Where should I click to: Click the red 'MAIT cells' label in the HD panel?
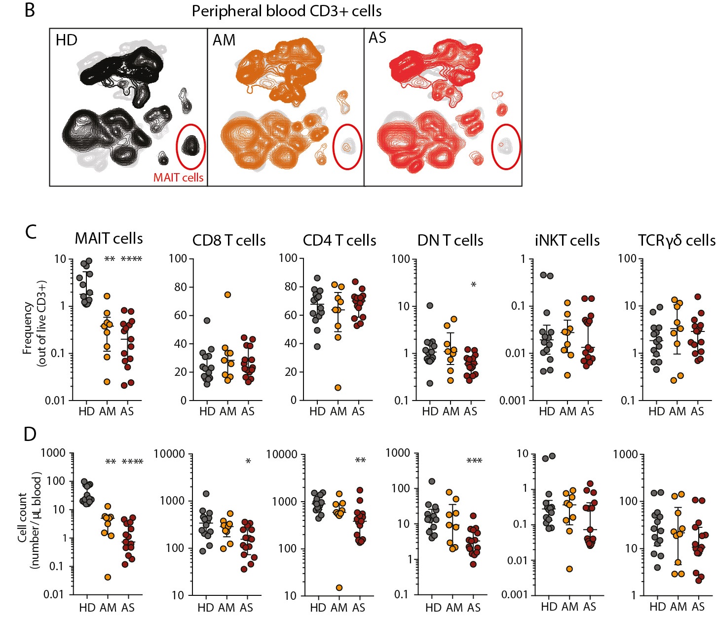pyautogui.click(x=178, y=178)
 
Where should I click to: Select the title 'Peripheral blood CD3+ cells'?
pyautogui.click(x=286, y=11)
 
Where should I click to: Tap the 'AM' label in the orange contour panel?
pyautogui.click(x=224, y=40)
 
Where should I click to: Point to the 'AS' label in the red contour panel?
pyautogui.click(x=377, y=38)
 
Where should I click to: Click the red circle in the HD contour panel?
pyautogui.click(x=191, y=146)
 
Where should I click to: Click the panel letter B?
pyautogui.click(x=30, y=10)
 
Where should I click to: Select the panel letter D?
pyautogui.click(x=30, y=434)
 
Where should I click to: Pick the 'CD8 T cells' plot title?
pyautogui.click(x=229, y=241)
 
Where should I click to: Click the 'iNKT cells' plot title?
pyautogui.click(x=567, y=241)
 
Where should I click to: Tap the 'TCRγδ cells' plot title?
pyautogui.click(x=676, y=241)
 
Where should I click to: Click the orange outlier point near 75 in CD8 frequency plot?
pyautogui.click(x=227, y=295)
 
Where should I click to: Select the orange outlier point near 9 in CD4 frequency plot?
pyautogui.click(x=338, y=388)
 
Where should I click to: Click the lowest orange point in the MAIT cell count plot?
pyautogui.click(x=107, y=577)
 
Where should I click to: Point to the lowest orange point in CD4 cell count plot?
pyautogui.click(x=339, y=587)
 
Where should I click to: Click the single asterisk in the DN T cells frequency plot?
pyautogui.click(x=473, y=285)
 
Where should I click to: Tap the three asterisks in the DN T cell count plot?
pyautogui.click(x=474, y=461)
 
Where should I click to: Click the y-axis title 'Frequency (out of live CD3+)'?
pyautogui.click(x=34, y=323)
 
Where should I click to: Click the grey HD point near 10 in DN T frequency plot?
pyautogui.click(x=430, y=306)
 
